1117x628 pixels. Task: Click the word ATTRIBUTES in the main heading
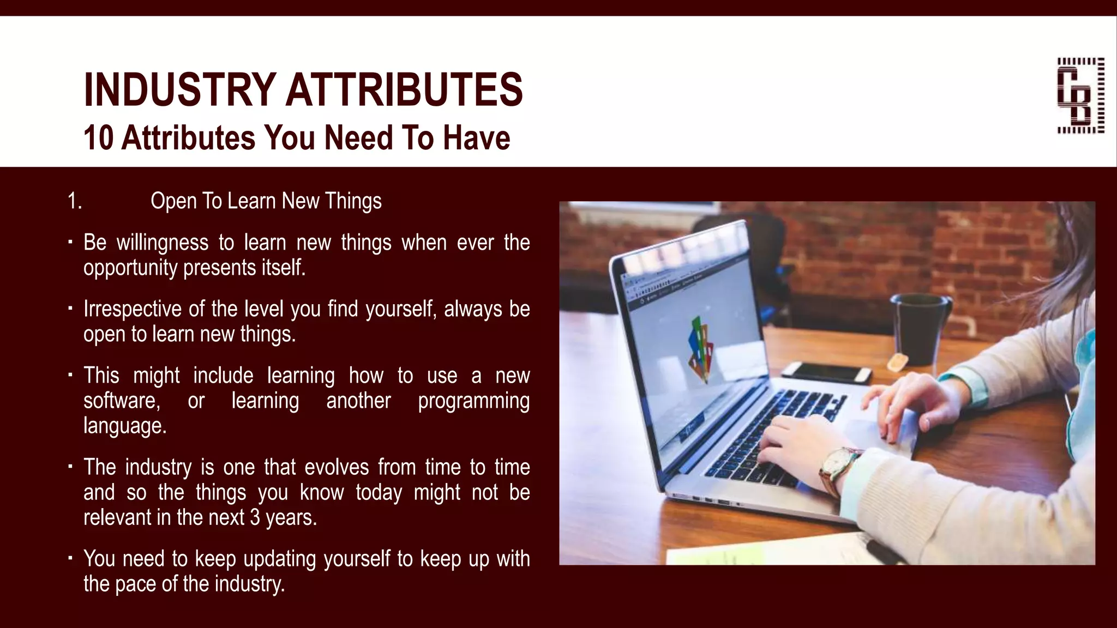click(x=404, y=90)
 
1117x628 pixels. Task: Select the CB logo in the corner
click(x=1080, y=95)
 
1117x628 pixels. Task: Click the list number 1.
click(x=74, y=201)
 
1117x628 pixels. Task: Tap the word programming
click(x=473, y=401)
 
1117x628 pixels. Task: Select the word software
click(x=121, y=401)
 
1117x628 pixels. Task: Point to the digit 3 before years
click(x=255, y=517)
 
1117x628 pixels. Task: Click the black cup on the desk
click(x=921, y=327)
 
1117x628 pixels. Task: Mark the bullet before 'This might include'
click(x=70, y=375)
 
